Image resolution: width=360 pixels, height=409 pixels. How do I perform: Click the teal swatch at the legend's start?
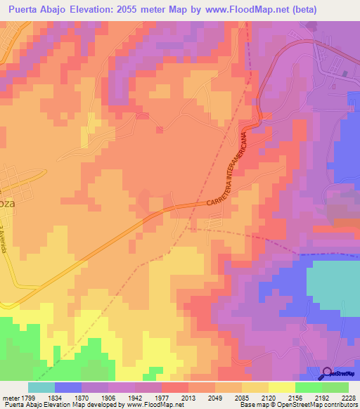41,387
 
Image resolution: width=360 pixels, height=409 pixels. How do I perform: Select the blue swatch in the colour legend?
68,387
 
